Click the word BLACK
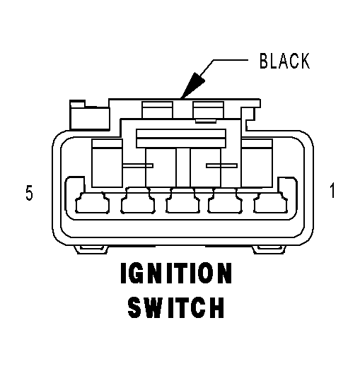[x=284, y=61]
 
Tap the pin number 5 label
[x=29, y=194]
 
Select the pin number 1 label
[x=332, y=190]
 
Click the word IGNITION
[x=176, y=273]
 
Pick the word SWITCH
[x=175, y=307]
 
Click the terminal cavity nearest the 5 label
[x=92, y=203]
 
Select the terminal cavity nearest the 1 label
[x=270, y=203]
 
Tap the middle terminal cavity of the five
[x=182, y=201]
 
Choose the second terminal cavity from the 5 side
[x=138, y=201]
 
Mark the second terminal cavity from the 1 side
[x=225, y=201]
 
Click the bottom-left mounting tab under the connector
[x=91, y=249]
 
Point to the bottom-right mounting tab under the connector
[x=269, y=249]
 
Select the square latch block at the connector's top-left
[x=89, y=115]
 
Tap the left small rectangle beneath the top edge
[x=157, y=110]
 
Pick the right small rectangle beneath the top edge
[x=208, y=110]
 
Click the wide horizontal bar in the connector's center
[x=181, y=139]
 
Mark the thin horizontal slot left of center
[x=138, y=165]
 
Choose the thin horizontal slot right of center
[x=221, y=165]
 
